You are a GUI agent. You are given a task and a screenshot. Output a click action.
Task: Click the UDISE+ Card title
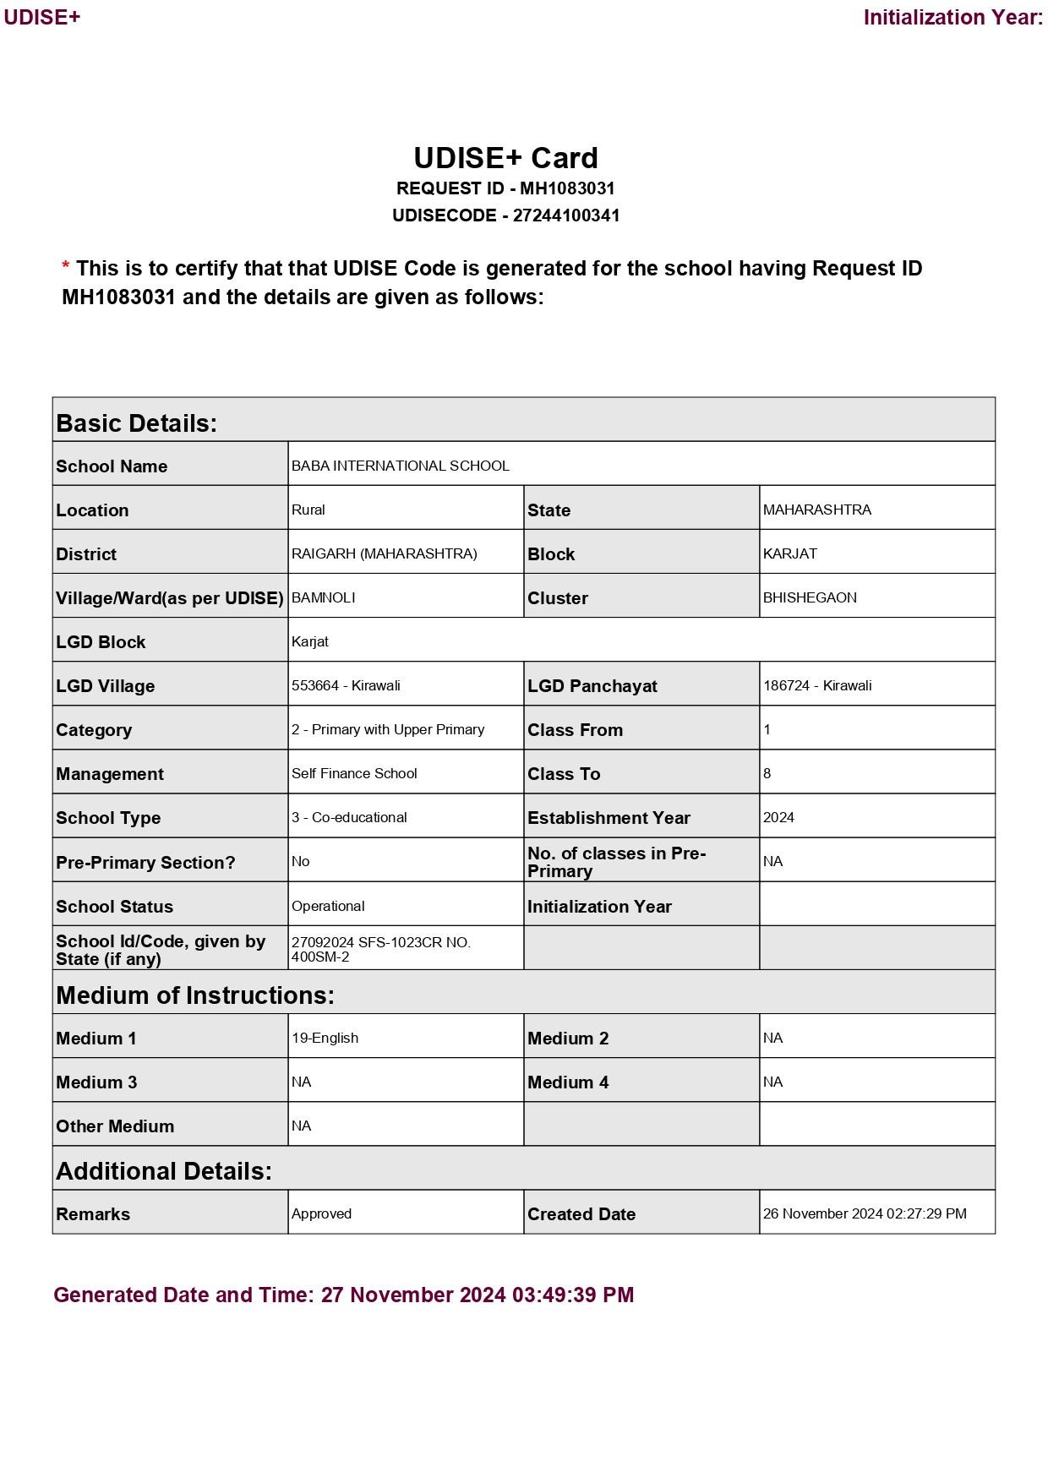coord(505,159)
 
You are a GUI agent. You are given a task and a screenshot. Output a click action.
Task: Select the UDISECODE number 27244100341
coord(566,215)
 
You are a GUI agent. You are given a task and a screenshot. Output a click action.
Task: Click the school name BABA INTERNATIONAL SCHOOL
coord(400,466)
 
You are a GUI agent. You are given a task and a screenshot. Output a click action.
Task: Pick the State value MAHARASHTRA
coord(816,510)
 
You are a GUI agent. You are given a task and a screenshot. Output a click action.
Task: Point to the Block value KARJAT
coord(789,553)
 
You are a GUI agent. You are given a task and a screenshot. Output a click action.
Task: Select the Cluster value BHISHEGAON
coord(809,597)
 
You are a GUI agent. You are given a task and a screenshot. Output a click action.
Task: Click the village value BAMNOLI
coord(323,597)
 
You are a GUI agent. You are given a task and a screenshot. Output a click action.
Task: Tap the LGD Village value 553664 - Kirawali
coord(346,685)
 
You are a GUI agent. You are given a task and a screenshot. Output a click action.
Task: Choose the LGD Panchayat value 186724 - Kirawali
coord(816,685)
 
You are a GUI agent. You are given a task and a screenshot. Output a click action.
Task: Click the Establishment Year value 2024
coord(778,817)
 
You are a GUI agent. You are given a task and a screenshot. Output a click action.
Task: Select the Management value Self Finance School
coord(354,773)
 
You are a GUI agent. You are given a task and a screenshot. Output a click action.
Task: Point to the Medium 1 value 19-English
coord(325,1038)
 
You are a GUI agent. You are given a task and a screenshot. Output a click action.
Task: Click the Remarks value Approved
coord(321,1213)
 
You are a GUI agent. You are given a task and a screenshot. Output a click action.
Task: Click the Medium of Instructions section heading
coord(195,995)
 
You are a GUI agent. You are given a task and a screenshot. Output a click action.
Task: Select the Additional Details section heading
coord(164,1171)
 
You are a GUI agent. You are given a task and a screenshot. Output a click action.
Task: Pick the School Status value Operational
coord(328,906)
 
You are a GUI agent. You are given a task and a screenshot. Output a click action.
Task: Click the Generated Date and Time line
coord(343,1295)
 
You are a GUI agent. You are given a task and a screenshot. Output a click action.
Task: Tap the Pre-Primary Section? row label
coord(145,863)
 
